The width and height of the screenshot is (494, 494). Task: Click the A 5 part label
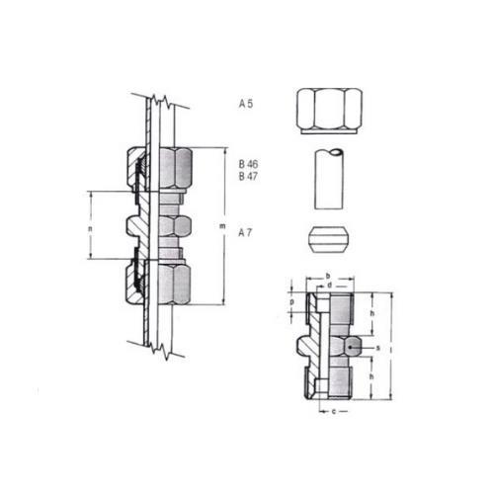click(246, 104)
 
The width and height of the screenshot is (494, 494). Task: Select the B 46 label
click(248, 164)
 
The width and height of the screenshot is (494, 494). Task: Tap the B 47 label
click(248, 177)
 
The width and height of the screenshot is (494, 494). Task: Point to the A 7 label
click(245, 233)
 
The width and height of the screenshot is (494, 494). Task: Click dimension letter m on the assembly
click(222, 226)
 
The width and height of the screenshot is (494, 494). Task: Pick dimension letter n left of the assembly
click(90, 228)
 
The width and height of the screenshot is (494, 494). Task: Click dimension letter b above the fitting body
click(328, 276)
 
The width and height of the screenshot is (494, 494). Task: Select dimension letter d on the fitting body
click(329, 286)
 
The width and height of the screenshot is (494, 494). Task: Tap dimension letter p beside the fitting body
click(291, 301)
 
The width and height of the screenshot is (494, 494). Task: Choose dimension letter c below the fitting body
click(334, 411)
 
